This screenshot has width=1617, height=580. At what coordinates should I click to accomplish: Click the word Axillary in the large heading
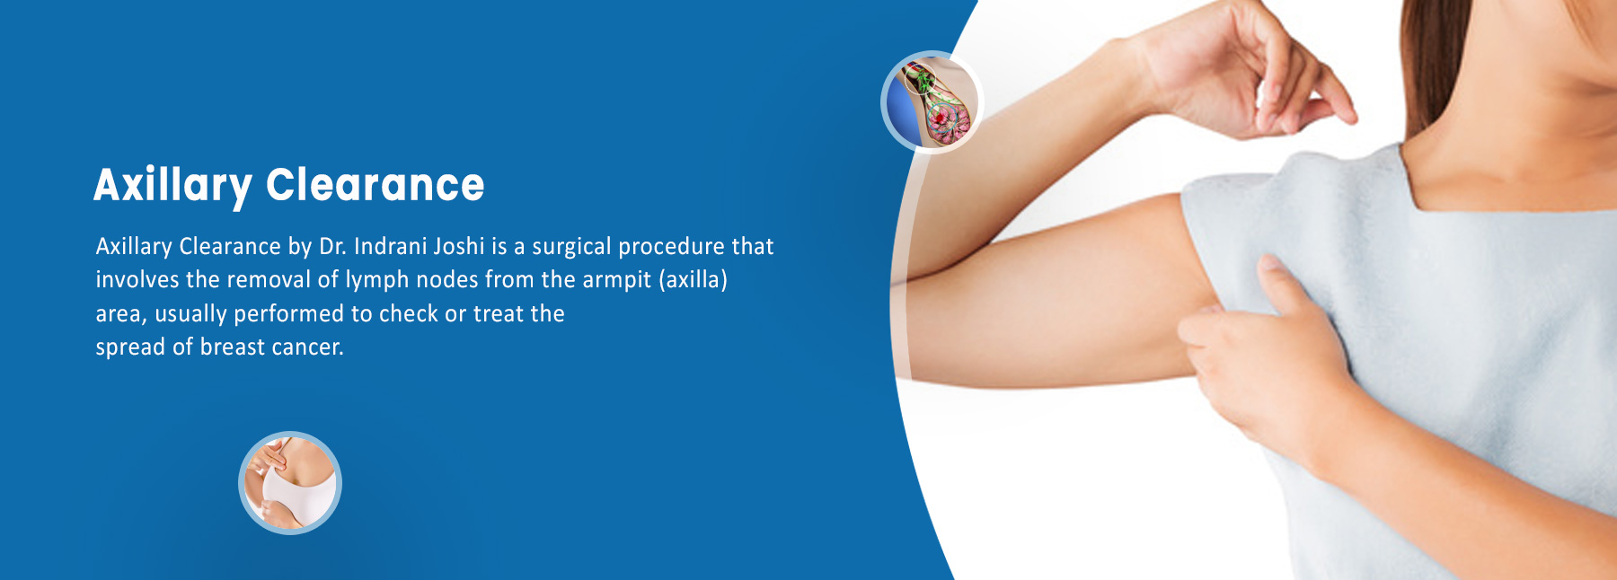[172, 187]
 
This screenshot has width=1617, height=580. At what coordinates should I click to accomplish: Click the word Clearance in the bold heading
[376, 185]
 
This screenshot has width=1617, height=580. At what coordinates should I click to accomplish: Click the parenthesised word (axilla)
[694, 280]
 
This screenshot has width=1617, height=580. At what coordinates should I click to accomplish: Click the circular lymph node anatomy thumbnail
[932, 102]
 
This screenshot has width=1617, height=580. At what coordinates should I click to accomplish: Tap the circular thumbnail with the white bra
[290, 483]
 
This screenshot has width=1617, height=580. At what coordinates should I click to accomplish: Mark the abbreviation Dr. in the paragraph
[332, 246]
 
